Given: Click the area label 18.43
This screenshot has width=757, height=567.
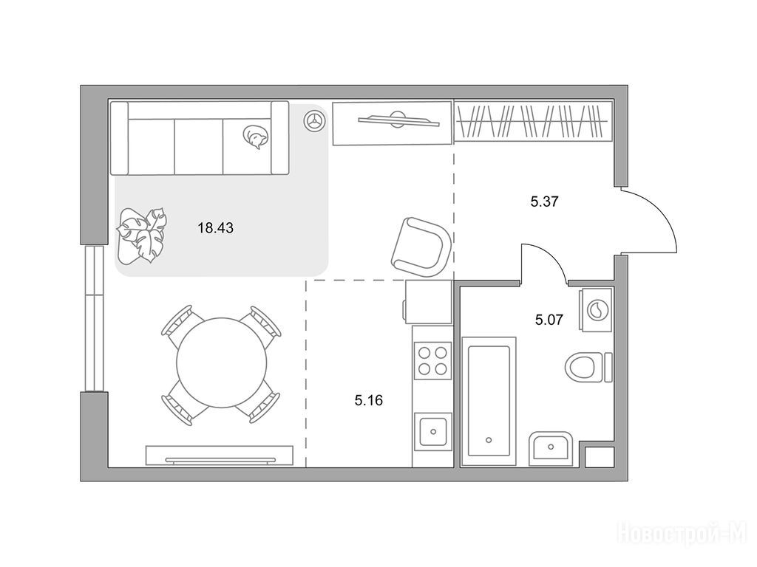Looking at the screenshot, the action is (215, 228).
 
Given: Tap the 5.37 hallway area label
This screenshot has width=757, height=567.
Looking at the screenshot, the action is (544, 202).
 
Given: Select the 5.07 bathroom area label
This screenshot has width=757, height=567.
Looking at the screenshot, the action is (549, 319).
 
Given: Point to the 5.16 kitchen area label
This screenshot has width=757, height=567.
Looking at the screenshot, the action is (368, 400).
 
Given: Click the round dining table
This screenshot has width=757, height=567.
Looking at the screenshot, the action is (222, 362).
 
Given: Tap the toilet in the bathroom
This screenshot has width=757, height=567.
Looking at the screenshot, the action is (588, 367).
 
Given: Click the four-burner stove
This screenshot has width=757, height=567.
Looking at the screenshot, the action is (432, 360).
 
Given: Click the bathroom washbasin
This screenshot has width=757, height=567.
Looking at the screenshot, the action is (551, 448).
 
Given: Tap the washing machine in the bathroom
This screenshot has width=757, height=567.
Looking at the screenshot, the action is (596, 309).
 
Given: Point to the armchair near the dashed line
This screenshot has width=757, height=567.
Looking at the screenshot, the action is (421, 247).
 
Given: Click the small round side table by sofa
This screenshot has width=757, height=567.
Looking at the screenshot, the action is (313, 120).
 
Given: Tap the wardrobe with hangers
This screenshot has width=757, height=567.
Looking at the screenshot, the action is (534, 121).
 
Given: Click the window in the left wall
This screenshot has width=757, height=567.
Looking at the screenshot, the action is (94, 318).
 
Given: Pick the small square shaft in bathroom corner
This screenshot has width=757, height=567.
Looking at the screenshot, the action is (599, 456).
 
